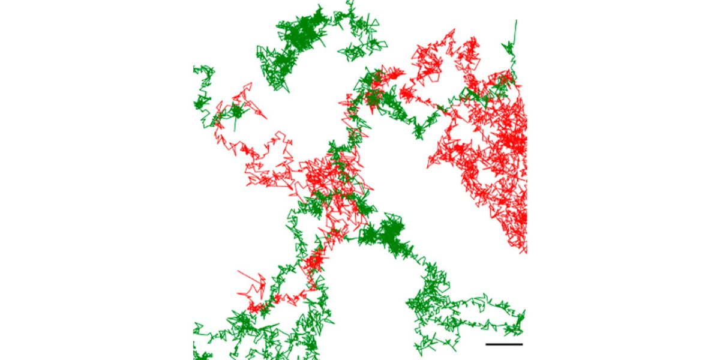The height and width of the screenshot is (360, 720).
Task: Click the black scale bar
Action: tap(504, 344)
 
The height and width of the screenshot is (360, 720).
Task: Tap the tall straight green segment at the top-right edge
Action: tap(515, 33)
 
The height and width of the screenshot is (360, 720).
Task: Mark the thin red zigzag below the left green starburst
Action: tap(231, 144)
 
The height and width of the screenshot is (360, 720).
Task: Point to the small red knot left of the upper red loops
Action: tap(408, 94)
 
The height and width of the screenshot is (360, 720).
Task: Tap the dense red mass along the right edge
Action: tap(507, 150)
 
